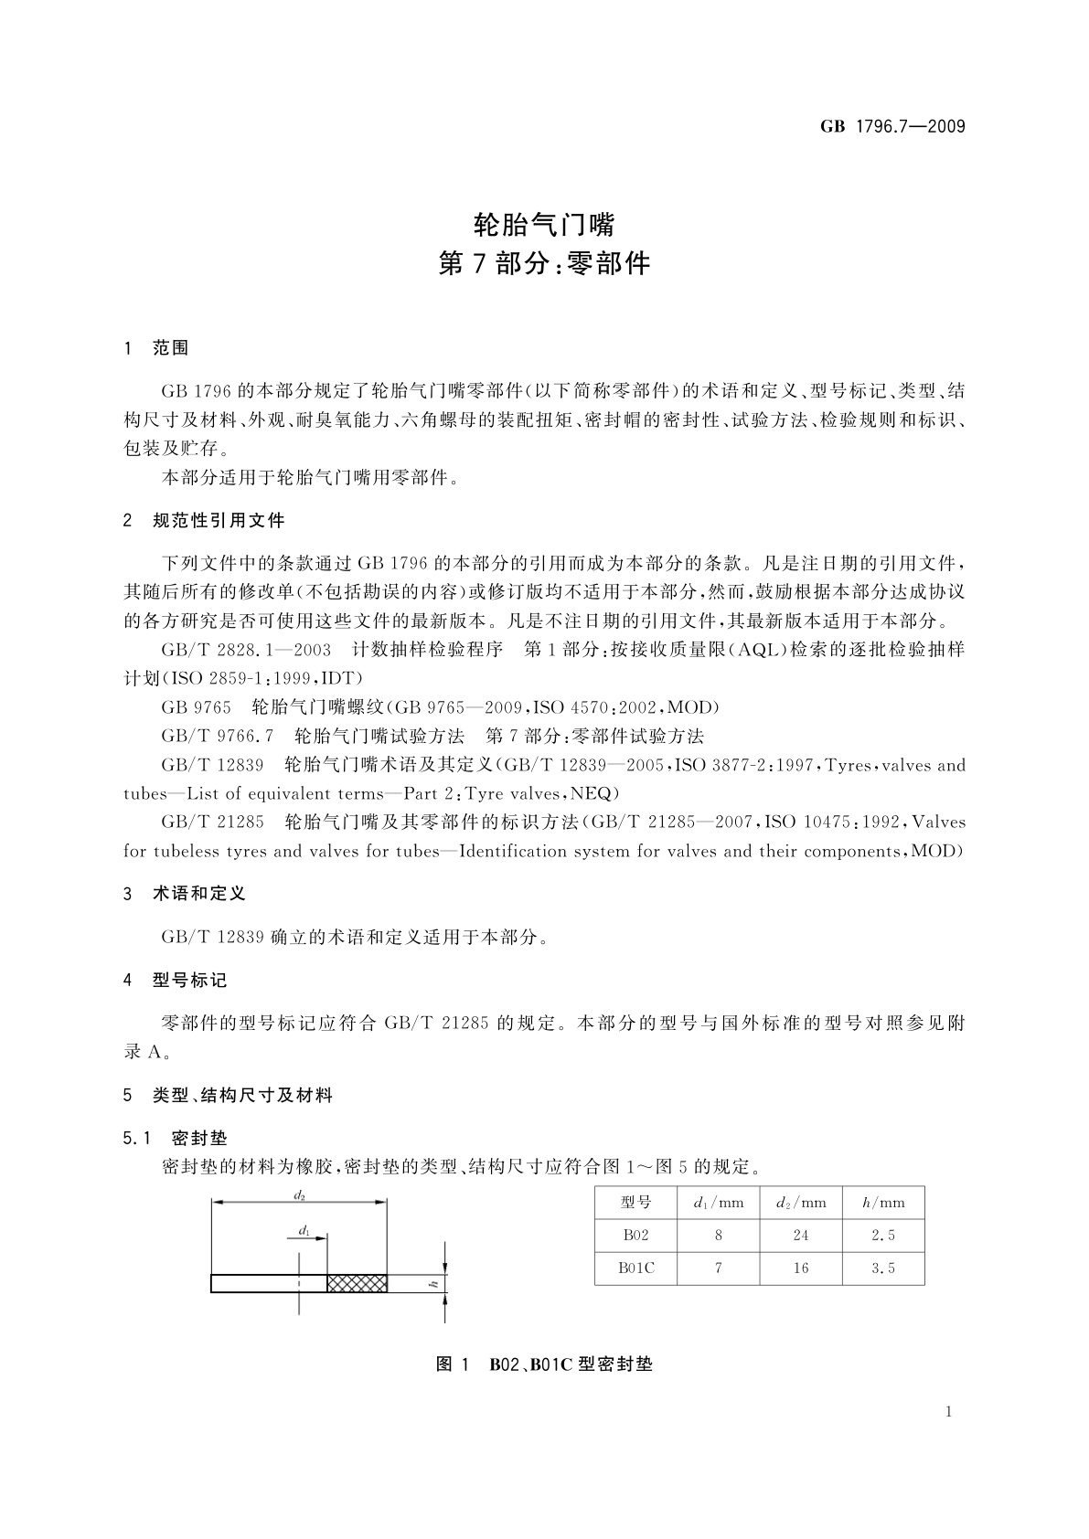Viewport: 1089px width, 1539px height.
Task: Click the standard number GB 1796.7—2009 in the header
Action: (x=892, y=127)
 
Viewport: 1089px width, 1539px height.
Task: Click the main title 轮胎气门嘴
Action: (x=544, y=224)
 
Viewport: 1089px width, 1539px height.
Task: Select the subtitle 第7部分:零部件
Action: (x=544, y=264)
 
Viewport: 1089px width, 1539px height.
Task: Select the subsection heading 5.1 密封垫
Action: (x=175, y=1139)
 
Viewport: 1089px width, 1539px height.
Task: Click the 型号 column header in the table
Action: (x=635, y=1203)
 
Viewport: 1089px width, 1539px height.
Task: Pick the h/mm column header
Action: (x=883, y=1203)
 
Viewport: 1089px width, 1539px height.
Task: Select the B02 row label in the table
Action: (x=635, y=1236)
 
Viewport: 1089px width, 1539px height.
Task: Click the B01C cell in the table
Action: (x=635, y=1268)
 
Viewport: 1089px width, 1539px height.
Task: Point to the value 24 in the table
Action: (x=801, y=1236)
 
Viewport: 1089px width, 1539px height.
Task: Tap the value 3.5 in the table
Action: (x=883, y=1268)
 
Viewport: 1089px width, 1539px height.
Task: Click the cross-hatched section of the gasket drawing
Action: (x=358, y=1283)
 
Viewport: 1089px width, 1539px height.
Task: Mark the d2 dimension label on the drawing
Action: (x=299, y=1195)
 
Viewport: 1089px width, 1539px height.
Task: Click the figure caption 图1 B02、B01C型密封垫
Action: (x=544, y=1364)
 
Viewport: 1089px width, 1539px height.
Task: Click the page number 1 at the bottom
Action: (x=948, y=1412)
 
